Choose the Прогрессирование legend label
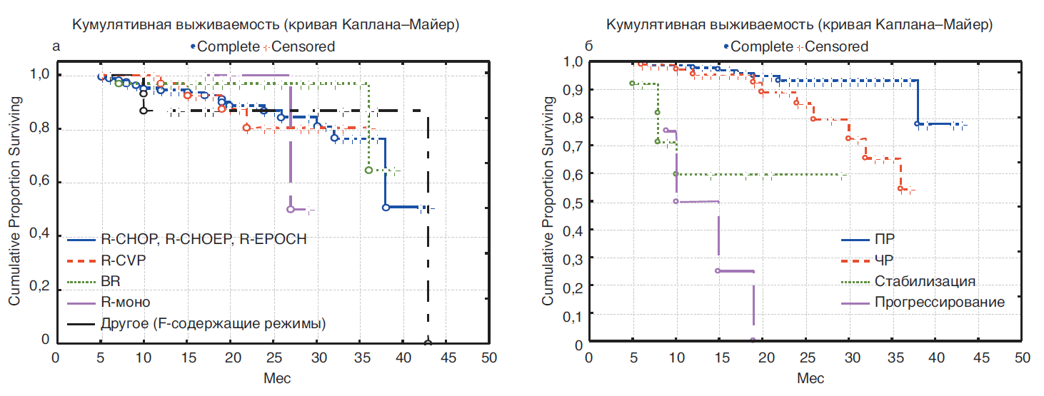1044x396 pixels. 939,302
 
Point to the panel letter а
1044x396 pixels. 56,46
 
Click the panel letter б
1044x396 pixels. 588,46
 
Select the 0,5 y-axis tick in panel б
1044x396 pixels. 573,202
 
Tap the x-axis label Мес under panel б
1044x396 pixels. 805,377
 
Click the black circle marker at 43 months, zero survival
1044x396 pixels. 428,343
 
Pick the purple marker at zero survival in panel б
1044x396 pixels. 753,340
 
